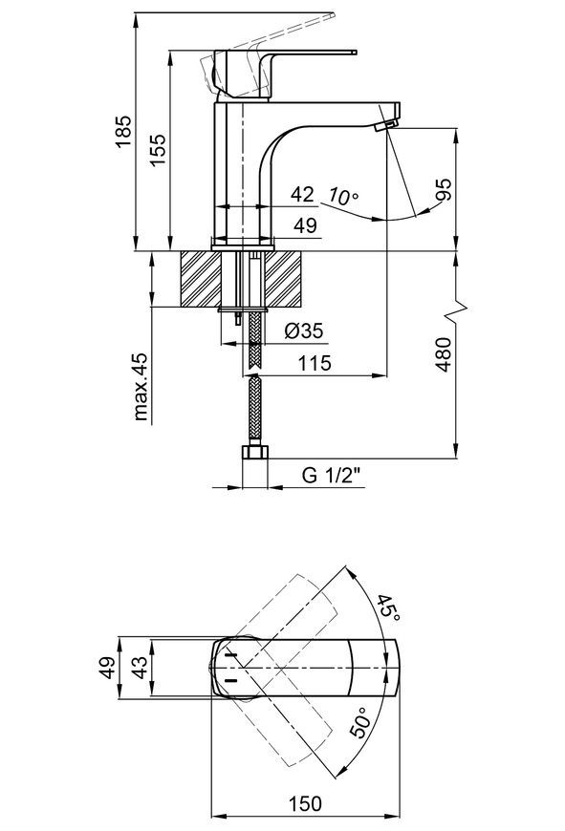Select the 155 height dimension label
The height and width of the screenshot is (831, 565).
click(x=157, y=150)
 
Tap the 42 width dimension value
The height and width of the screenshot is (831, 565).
click(x=302, y=195)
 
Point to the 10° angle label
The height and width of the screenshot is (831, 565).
click(x=342, y=196)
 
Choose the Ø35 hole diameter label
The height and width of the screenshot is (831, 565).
click(x=303, y=331)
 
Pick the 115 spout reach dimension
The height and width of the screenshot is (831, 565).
click(x=315, y=364)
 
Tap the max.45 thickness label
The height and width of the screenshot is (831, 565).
click(x=141, y=386)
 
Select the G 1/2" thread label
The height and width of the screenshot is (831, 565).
click(x=332, y=475)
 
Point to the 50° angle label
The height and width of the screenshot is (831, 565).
click(x=361, y=722)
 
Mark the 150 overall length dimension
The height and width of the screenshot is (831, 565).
click(x=305, y=804)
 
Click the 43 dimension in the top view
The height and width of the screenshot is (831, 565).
click(x=140, y=668)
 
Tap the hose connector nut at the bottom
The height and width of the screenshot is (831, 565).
click(x=255, y=452)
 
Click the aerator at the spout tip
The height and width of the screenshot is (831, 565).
click(x=385, y=125)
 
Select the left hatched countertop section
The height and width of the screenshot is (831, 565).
click(x=201, y=279)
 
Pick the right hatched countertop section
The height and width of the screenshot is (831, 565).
click(x=284, y=279)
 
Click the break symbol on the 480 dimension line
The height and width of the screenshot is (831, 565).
click(x=456, y=312)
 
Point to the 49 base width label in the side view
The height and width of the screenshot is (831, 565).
click(x=305, y=225)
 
